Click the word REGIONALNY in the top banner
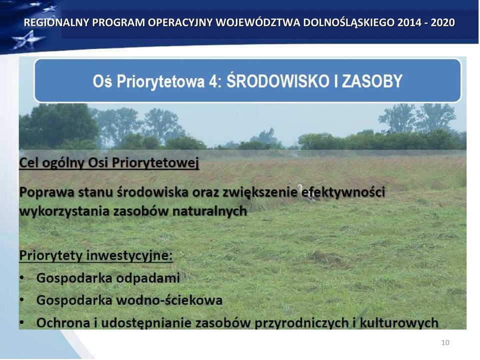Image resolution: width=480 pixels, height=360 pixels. coord(56,22)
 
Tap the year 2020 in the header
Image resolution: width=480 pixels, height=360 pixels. coord(442,22)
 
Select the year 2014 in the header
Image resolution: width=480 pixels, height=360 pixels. coord(409,22)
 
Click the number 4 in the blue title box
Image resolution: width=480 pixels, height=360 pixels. coord(213,81)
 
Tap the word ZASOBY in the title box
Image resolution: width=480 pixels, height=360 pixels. coord(372,81)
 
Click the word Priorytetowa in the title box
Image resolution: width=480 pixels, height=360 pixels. coord(160,81)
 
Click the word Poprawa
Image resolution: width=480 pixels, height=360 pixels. coord(46,192)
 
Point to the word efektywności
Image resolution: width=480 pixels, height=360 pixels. coord(343,192)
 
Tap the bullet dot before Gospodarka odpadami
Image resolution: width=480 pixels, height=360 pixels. coord(21,278)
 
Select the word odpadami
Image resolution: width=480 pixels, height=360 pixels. coord(148,278)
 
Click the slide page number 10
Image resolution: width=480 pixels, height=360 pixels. coord(445,342)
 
